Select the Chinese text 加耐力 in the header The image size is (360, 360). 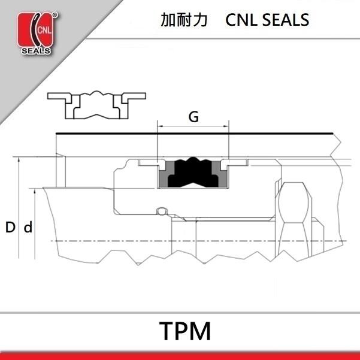pyautogui.click(x=184, y=20)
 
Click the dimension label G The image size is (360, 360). pyautogui.click(x=193, y=117)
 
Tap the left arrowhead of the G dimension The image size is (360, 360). pyautogui.click(x=160, y=127)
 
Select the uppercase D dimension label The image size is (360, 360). pyautogui.click(x=10, y=228)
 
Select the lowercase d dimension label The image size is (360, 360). pyautogui.click(x=27, y=228)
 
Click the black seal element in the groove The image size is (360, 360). pyautogui.click(x=193, y=174)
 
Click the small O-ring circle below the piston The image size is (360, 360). pyautogui.click(x=160, y=210)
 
